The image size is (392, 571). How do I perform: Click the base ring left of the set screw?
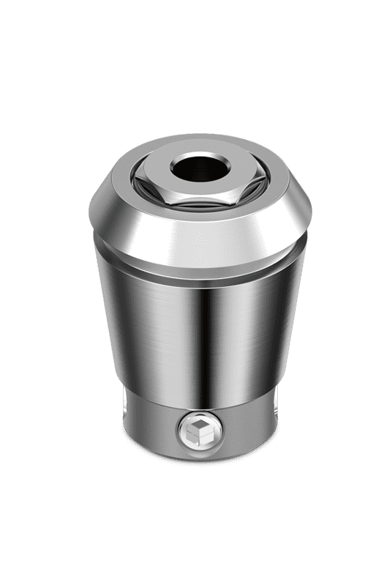click(146, 428)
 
